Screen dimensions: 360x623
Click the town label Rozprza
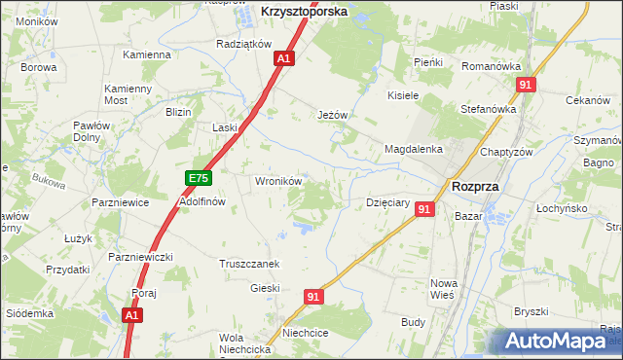[x=475, y=187]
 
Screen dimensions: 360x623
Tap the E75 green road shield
[x=199, y=178]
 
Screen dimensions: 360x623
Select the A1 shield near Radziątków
[x=283, y=59]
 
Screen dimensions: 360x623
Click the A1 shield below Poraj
[x=133, y=315]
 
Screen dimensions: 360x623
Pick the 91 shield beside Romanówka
[x=526, y=86]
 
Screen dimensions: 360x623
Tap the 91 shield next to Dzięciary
[x=423, y=208]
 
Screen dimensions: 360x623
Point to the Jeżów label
[x=333, y=115]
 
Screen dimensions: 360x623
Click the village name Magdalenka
[x=414, y=149]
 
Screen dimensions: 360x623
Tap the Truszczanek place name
[x=250, y=264]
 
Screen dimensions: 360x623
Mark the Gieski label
[x=265, y=288]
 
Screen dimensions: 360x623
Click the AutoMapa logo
[x=556, y=342]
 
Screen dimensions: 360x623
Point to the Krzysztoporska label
[x=305, y=12]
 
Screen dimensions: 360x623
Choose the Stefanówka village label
[x=488, y=109]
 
